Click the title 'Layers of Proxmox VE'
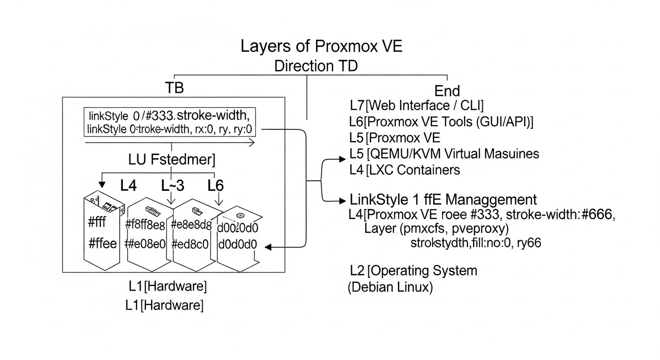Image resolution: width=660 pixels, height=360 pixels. [321, 47]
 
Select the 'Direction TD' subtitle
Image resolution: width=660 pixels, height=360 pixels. [315, 66]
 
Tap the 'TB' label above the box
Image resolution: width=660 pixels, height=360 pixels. [174, 89]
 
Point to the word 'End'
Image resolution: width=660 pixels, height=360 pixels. [447, 90]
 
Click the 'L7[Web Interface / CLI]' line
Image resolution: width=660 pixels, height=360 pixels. [417, 105]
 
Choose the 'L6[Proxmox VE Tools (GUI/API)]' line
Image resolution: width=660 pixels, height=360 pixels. [441, 121]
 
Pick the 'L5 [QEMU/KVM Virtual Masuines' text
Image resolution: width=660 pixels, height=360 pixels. [444, 154]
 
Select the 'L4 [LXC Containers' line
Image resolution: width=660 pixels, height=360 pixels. [405, 170]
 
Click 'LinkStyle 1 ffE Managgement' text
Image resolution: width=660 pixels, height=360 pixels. [443, 200]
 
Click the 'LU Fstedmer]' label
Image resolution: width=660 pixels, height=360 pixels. [172, 160]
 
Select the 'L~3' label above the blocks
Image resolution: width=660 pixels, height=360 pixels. [172, 186]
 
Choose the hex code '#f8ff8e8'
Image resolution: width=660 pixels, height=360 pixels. [145, 225]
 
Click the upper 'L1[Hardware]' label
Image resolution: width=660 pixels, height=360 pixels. [167, 285]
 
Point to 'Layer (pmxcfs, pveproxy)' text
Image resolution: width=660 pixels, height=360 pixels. [436, 229]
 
